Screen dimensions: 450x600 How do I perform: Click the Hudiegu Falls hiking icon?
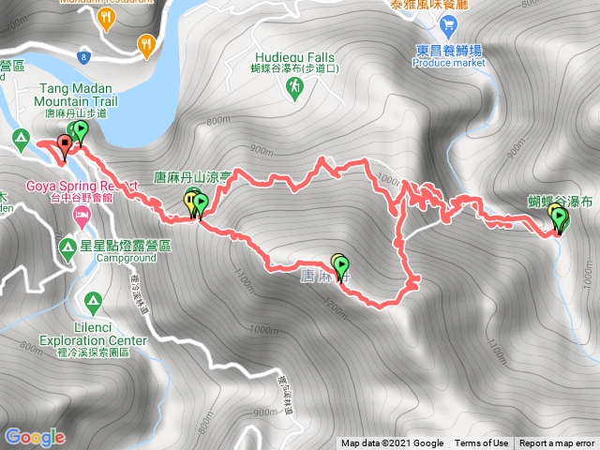[293, 86]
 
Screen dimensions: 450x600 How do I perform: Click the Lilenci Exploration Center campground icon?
[92, 302]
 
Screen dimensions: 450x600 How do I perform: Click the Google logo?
[35, 437]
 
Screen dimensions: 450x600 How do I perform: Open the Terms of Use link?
[482, 443]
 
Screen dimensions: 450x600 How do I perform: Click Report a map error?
[557, 443]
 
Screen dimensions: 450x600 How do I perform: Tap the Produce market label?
[449, 64]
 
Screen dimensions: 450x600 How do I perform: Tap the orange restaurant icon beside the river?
[146, 43]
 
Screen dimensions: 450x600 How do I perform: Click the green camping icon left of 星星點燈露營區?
[67, 247]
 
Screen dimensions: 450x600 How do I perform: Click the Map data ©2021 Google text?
[392, 443]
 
